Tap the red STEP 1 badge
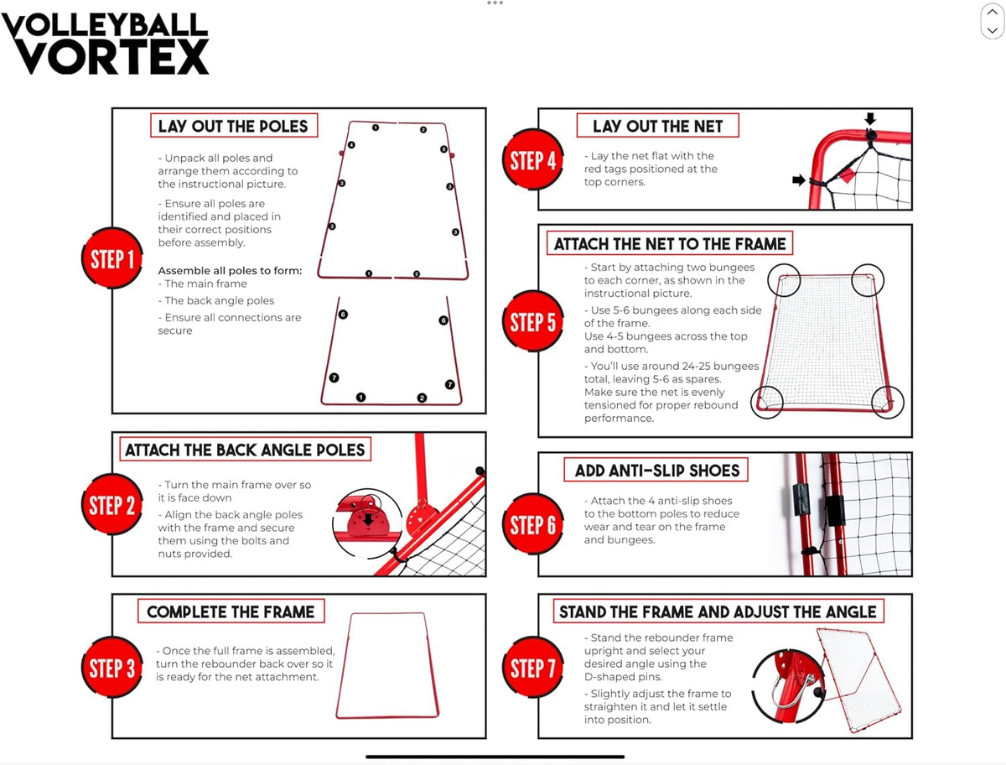[x=111, y=258]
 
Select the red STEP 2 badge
[x=111, y=504]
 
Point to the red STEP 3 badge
[x=111, y=667]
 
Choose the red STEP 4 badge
[x=533, y=159]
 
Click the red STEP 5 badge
[x=533, y=321]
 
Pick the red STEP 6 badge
[x=533, y=524]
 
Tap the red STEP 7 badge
[x=533, y=667]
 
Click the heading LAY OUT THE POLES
[x=233, y=126]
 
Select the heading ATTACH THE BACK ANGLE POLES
[x=245, y=450]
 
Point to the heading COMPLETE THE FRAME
[x=231, y=611]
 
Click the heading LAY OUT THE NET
[x=658, y=126]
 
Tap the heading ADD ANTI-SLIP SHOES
[x=657, y=471]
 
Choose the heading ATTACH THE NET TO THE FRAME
[x=670, y=244]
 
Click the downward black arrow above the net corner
[x=870, y=119]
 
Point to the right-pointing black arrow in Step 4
[x=799, y=180]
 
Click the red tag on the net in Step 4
[x=847, y=174]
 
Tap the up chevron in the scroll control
[x=993, y=12]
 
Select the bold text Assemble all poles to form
[x=230, y=270]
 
